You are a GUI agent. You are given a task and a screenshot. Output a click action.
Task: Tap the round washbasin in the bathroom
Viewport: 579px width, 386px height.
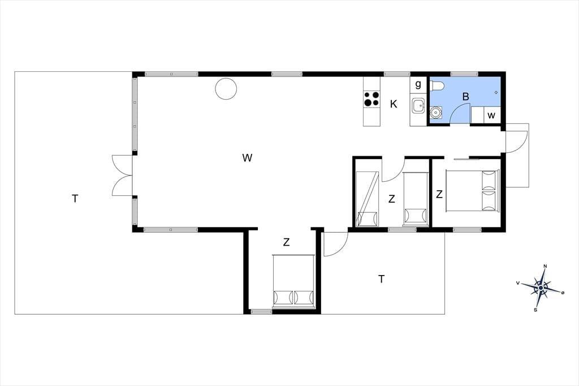436,112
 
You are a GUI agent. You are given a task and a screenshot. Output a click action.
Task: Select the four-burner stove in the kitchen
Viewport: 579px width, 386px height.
371,98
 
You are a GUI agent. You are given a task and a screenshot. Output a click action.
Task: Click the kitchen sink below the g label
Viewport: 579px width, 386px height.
418,107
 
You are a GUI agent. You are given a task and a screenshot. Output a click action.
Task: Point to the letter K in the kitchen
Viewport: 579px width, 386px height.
394,104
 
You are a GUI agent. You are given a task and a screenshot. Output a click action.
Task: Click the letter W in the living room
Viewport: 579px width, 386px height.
247,158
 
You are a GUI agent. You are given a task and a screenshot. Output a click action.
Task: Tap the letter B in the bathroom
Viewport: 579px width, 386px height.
466,97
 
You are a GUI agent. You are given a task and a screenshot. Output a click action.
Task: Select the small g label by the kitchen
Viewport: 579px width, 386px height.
418,85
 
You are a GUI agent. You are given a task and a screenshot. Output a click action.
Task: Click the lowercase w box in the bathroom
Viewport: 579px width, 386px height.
491,115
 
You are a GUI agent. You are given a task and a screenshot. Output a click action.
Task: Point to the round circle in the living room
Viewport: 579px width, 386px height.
226,89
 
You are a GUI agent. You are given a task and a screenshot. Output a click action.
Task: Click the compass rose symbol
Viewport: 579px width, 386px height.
540,288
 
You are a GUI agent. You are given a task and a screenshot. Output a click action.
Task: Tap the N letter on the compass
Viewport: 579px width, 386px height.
545,266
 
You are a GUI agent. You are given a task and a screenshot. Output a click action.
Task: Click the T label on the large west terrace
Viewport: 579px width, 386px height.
75,199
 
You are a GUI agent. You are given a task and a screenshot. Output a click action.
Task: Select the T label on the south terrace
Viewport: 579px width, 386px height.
382,279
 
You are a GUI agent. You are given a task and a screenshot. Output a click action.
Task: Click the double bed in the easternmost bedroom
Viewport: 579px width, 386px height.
473,191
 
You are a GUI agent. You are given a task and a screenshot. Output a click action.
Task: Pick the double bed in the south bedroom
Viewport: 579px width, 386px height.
293,281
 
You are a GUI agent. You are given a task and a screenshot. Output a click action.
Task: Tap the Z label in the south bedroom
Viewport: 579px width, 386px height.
286,243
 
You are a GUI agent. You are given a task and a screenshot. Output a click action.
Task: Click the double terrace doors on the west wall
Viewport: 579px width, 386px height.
122,175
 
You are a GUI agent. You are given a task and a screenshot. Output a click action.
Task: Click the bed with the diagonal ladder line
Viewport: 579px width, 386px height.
368,199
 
